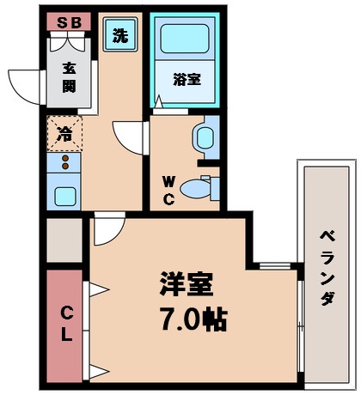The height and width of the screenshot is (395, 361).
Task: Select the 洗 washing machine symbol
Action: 120,37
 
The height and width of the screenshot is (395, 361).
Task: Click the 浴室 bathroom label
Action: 187,80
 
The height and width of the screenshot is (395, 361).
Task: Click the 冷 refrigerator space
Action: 64,133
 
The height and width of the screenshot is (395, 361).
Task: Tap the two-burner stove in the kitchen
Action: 64,162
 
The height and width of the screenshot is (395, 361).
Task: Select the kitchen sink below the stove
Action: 64,195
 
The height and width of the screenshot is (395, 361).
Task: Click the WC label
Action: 169,190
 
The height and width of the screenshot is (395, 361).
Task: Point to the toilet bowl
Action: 204,185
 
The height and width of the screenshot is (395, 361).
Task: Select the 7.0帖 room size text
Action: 191,319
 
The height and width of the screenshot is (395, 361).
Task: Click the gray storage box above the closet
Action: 64,240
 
